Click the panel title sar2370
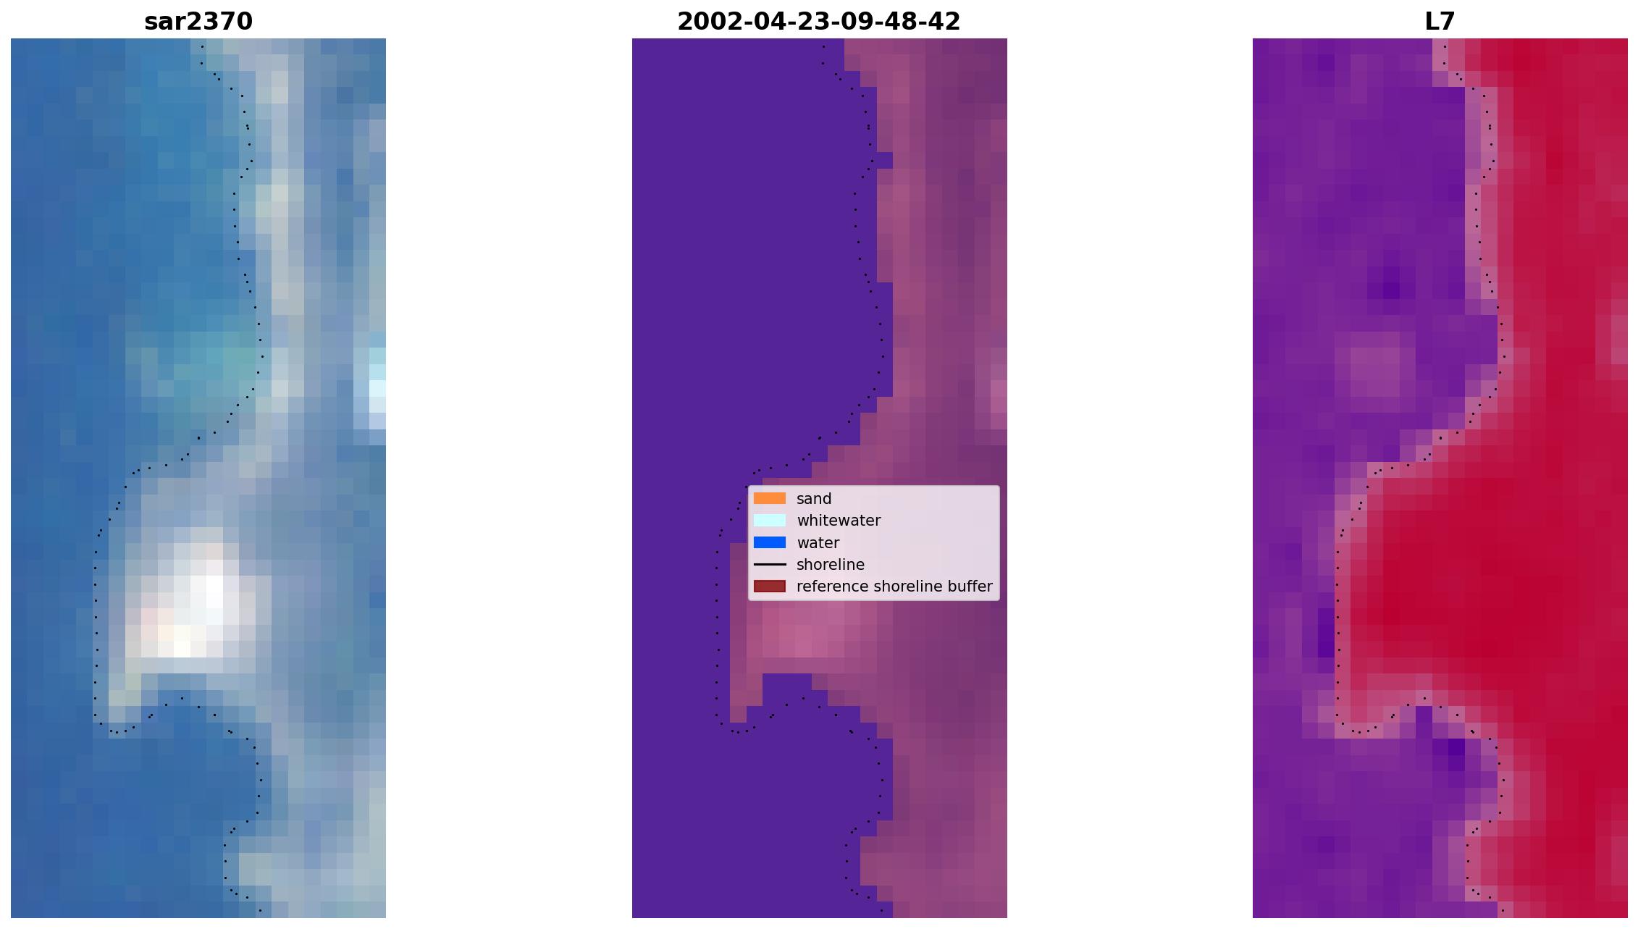point(198,22)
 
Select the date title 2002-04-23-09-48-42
point(819,22)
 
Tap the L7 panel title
point(1440,22)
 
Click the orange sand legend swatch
point(770,498)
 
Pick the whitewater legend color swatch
point(770,520)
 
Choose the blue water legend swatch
point(770,542)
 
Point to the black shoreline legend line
point(770,564)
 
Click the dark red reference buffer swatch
point(770,586)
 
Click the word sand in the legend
point(814,499)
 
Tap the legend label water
point(818,543)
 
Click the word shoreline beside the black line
point(831,565)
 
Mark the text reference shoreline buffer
point(894,587)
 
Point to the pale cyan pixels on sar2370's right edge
point(377,380)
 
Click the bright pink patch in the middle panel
point(804,630)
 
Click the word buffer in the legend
point(972,587)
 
